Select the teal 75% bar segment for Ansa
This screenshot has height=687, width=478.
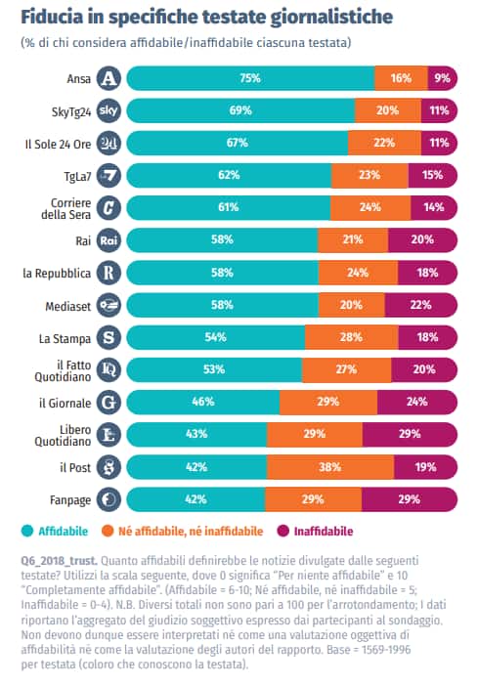(250, 77)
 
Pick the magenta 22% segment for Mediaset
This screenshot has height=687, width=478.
(420, 305)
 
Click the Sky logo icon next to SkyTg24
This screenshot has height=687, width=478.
(110, 109)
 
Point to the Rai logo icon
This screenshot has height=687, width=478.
(110, 239)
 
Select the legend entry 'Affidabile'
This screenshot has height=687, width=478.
(59, 531)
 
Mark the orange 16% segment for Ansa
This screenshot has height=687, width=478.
(401, 77)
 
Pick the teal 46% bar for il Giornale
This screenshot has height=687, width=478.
(202, 402)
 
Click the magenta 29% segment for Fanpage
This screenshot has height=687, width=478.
(410, 498)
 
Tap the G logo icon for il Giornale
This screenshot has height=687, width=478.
(110, 402)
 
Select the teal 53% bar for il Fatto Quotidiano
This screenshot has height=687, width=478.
(214, 369)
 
